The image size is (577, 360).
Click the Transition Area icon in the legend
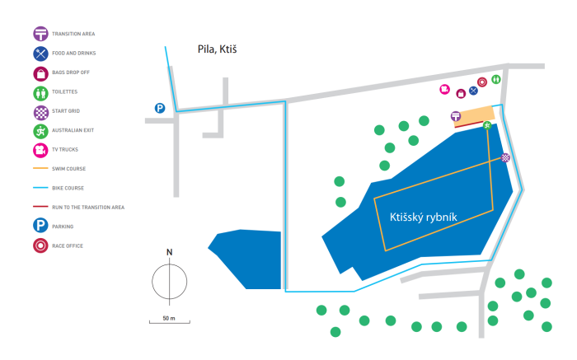point(40,34)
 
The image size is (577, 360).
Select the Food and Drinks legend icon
point(40,54)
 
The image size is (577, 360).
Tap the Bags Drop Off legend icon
point(40,73)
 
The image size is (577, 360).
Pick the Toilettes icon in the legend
point(40,93)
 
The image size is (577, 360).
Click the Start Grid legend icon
point(41,113)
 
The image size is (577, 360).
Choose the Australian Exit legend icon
point(40,131)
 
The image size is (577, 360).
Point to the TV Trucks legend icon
point(40,151)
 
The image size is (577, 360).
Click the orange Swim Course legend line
point(40,168)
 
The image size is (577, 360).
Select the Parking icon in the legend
point(40,225)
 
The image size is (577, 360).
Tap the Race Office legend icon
point(40,245)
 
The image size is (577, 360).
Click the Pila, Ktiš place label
point(217,49)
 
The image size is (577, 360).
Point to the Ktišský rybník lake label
point(423,217)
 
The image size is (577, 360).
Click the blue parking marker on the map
point(160,108)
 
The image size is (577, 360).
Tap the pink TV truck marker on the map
point(444,89)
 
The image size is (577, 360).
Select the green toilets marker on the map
point(496,79)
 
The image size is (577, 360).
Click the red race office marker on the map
point(482,82)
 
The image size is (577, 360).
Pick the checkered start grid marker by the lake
point(505,157)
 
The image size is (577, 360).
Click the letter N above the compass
point(169,252)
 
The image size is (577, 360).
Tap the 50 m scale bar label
point(169,318)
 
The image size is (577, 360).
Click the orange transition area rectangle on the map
point(474,115)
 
